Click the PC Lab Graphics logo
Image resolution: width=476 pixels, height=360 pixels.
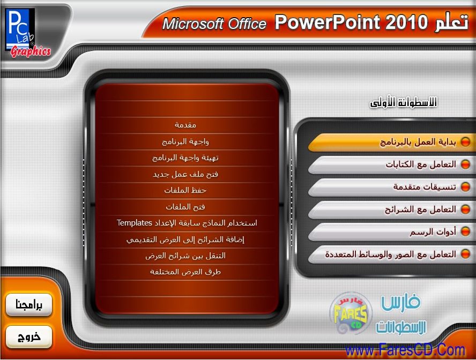coord(28,33)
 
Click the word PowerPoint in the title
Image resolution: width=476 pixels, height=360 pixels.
coord(327,22)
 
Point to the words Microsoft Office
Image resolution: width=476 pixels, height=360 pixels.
coord(214,24)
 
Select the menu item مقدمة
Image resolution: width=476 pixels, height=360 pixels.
coord(185,125)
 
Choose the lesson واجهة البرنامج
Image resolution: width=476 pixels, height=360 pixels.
coord(185,141)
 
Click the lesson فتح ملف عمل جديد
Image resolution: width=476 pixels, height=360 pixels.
coord(185,174)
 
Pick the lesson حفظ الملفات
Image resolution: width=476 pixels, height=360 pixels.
coord(185,190)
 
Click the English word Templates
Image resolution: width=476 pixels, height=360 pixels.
coord(134,223)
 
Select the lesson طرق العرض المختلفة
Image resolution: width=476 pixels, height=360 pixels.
coord(185,272)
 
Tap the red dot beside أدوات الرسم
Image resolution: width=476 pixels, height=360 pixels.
coord(465,232)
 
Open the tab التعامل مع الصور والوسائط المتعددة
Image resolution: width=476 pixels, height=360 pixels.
coord(391,254)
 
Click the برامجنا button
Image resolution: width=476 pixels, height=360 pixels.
coord(29,305)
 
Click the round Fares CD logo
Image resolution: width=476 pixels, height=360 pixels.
coord(351,313)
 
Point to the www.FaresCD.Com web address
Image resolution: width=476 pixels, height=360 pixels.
coord(405,350)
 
